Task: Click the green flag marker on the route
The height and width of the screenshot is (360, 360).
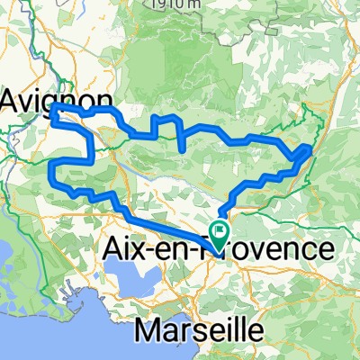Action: tap(220, 232)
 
